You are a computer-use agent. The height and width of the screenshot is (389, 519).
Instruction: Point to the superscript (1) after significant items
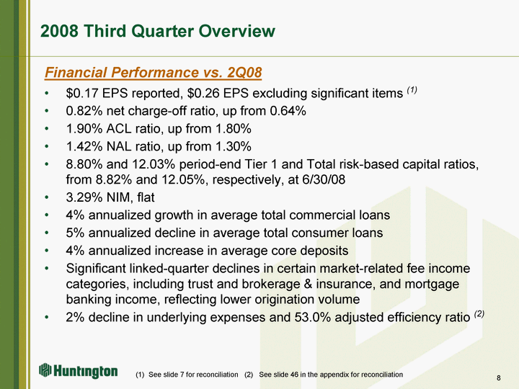click(x=412, y=89)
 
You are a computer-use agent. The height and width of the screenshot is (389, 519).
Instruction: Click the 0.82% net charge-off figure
click(x=84, y=111)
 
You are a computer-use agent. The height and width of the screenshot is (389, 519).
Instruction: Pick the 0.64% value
click(x=288, y=111)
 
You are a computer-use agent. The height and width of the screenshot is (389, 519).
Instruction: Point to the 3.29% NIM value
click(x=84, y=197)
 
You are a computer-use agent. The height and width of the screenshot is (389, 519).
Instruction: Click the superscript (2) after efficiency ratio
click(x=479, y=313)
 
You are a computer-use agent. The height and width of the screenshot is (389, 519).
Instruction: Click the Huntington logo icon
click(x=45, y=370)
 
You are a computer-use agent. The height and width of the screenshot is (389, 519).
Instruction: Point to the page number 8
click(x=499, y=378)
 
